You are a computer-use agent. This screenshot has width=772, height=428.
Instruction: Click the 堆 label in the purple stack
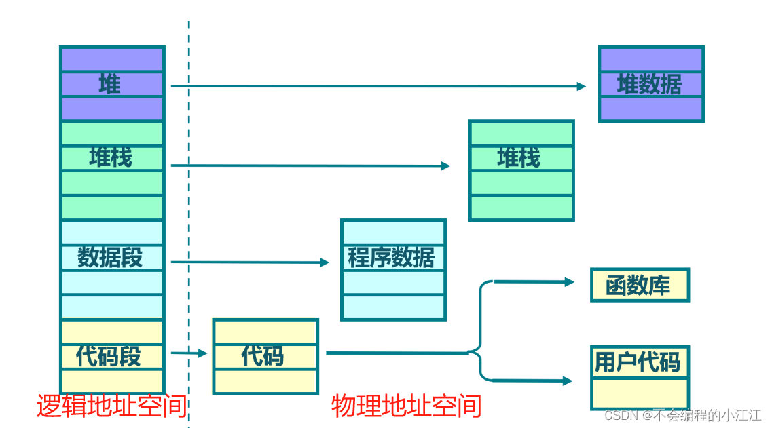(x=110, y=85)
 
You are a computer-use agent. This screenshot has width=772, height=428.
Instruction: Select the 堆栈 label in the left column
(x=111, y=157)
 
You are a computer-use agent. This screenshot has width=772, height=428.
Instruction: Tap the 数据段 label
(x=110, y=258)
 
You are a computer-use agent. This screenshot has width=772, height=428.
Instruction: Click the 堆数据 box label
(x=649, y=85)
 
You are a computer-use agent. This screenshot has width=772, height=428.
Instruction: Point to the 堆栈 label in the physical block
(x=519, y=157)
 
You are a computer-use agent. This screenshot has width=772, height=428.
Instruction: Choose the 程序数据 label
(x=391, y=258)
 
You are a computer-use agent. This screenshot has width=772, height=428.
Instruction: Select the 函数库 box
(x=638, y=286)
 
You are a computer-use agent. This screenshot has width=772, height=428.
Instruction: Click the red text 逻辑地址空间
(x=111, y=406)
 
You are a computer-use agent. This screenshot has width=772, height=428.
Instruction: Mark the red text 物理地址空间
(x=406, y=406)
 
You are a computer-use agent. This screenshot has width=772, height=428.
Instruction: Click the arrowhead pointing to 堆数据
(x=581, y=86)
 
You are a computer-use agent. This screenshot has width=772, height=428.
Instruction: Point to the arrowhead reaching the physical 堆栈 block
(x=445, y=166)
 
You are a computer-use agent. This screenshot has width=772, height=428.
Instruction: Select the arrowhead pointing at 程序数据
(x=325, y=262)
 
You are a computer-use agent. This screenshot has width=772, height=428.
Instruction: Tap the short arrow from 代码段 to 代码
(x=189, y=353)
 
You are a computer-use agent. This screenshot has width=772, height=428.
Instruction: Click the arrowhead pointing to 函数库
(x=570, y=282)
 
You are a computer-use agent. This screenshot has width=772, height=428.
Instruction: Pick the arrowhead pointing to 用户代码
(x=568, y=381)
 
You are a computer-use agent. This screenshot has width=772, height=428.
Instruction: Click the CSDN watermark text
(x=682, y=415)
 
